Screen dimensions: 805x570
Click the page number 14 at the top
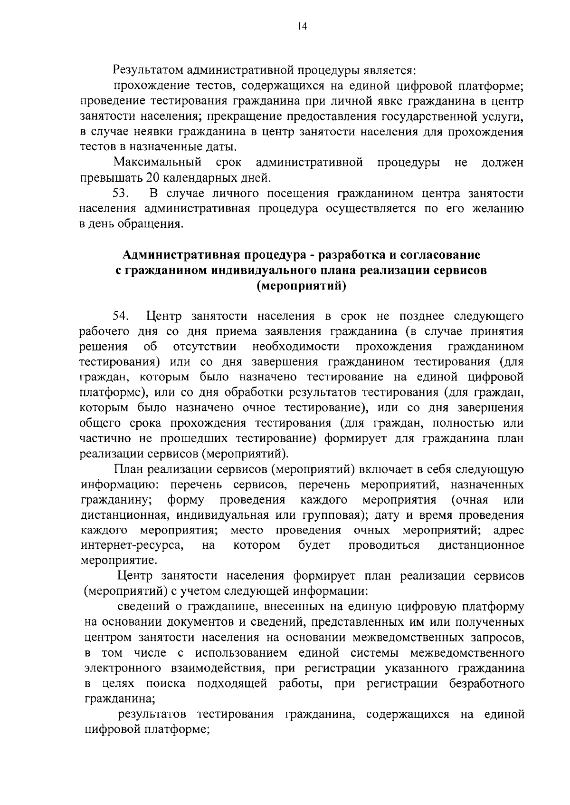(302, 27)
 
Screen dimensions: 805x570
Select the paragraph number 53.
(121, 194)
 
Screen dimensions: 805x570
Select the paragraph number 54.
(121, 316)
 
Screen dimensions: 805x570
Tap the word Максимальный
(158, 163)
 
